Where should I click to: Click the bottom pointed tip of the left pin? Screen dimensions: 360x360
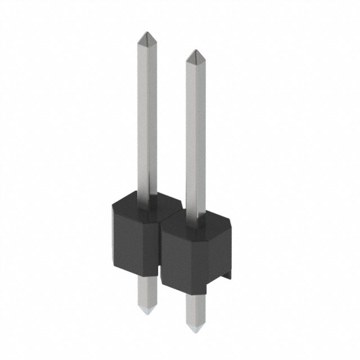click(146, 311)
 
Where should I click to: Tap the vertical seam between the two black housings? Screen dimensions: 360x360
click(160, 247)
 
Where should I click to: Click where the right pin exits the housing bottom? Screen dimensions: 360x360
click(194, 294)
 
